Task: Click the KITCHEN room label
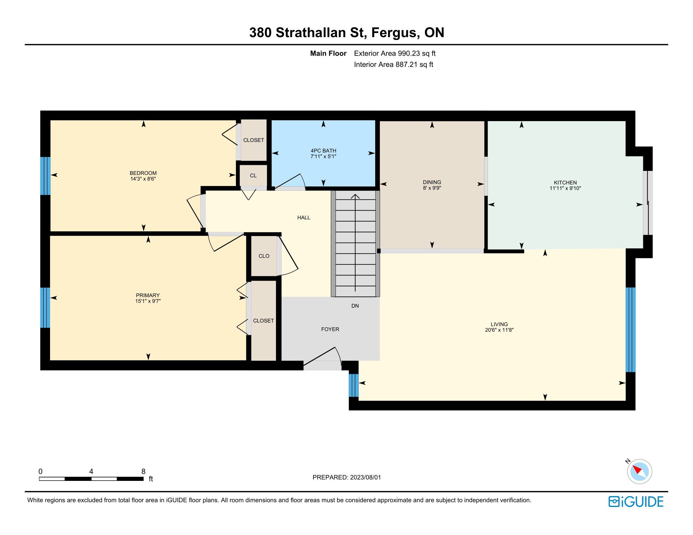coord(565,183)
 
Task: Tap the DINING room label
coord(432,182)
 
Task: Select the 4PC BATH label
coord(323,151)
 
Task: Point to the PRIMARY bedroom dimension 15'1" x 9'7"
coord(148,301)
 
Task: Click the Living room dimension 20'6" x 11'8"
coord(499,330)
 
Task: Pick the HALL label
coord(304,218)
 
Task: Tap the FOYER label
coord(330,329)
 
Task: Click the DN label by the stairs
coord(355,306)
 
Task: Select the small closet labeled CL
coord(253,176)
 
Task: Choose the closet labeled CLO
coord(264,256)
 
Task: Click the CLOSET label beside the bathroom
coord(254,140)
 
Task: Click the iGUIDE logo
coord(636,502)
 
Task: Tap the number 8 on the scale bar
coord(143,471)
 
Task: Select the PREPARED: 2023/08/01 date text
coord(346,477)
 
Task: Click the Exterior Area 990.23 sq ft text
coord(395,53)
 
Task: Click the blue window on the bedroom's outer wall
coord(45,176)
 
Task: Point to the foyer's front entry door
coord(322,358)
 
